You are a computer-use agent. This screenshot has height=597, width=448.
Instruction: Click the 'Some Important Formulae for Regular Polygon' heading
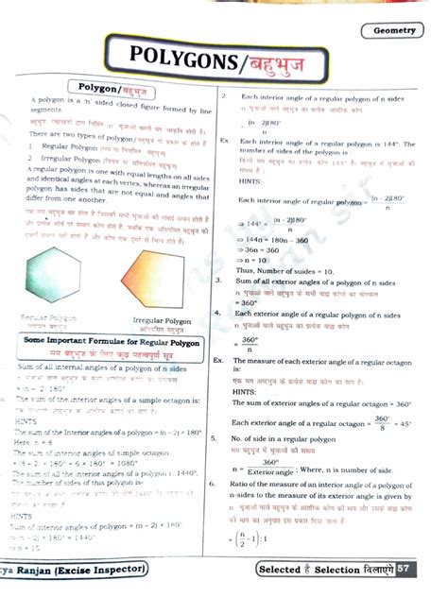coord(112,342)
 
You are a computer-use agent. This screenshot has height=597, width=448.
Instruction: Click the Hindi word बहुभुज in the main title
coord(292,62)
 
